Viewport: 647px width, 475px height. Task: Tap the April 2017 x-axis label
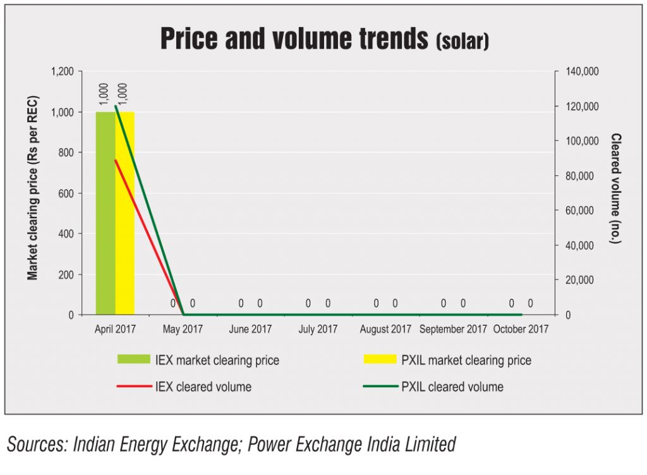click(x=116, y=330)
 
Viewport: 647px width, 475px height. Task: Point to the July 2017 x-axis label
click(x=318, y=330)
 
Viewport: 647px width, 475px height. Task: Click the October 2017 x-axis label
click(x=521, y=330)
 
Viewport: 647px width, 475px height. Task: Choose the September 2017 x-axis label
click(x=453, y=330)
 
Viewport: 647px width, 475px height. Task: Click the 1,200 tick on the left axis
click(x=62, y=71)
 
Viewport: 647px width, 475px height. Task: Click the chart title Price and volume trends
click(x=294, y=39)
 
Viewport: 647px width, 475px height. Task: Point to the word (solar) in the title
click(x=463, y=42)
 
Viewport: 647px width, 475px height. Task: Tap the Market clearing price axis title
click(x=33, y=188)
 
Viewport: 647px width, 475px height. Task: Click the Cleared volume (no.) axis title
click(x=615, y=188)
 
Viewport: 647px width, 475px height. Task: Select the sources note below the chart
click(x=231, y=445)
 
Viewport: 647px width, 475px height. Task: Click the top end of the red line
click(x=116, y=160)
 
